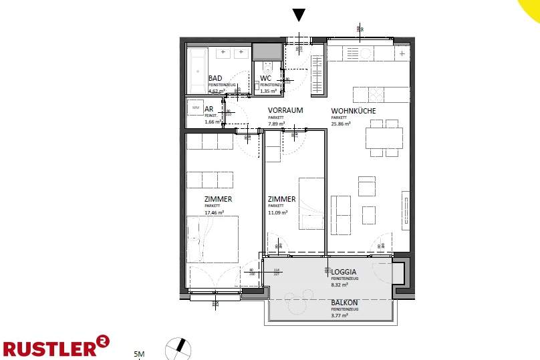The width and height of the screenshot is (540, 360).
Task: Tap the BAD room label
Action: (215, 78)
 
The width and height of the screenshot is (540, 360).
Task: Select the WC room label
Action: (265, 78)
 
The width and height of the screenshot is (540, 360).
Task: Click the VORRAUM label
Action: (285, 110)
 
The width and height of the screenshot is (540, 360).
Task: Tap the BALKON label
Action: (345, 303)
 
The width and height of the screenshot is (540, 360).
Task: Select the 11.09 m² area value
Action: (277, 212)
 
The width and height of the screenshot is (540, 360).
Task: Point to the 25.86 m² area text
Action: (341, 124)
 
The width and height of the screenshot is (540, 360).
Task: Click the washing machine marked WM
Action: (196, 107)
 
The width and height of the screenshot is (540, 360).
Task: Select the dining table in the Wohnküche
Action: (384, 138)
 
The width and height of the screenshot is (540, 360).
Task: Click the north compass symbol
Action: (178, 348)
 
